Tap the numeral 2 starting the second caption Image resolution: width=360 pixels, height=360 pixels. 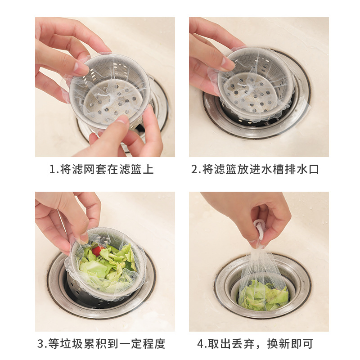(x=194, y=170)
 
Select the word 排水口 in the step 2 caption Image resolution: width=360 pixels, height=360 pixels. (x=301, y=170)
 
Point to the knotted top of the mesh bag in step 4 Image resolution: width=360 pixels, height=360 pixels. (x=260, y=229)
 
